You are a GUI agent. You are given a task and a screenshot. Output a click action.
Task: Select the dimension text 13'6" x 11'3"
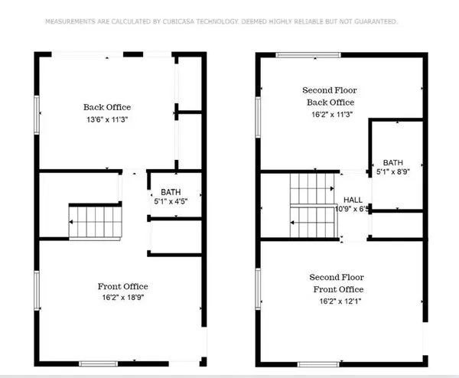(106, 119)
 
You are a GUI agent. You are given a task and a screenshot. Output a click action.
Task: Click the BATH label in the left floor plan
(170, 192)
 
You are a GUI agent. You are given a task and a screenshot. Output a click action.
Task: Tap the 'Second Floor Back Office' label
(330, 96)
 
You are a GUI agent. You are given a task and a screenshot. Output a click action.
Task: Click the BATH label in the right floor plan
(392, 162)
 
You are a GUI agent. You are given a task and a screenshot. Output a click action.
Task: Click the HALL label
(353, 199)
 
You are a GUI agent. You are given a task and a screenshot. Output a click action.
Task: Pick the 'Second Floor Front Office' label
(337, 282)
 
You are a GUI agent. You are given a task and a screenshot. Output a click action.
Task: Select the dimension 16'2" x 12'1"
(337, 301)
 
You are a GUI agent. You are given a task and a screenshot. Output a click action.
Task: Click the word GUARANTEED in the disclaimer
(370, 21)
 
